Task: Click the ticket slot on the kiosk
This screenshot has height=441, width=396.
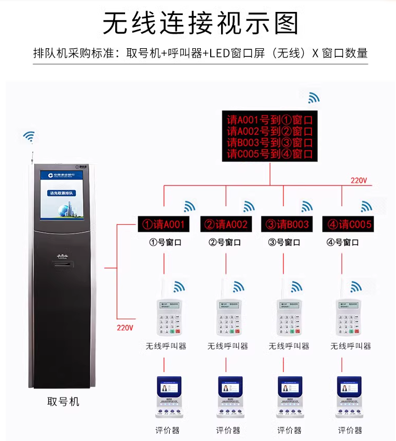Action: point(62,265)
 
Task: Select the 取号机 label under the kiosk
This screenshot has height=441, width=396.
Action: point(63,402)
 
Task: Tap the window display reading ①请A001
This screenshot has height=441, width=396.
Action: point(164,224)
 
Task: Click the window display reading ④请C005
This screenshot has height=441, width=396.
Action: point(348,224)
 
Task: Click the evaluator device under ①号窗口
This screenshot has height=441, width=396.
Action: point(167,396)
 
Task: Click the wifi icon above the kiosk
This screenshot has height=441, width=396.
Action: point(30,137)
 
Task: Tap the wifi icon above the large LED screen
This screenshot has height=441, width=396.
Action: point(314,97)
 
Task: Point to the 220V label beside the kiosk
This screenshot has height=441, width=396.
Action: point(125,328)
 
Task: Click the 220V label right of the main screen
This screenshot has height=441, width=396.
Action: point(359,180)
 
